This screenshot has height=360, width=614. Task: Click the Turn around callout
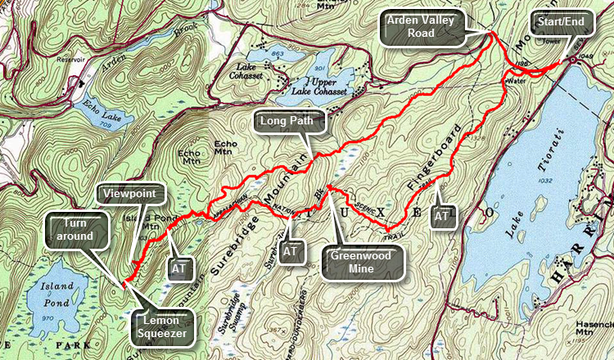pos(71,229)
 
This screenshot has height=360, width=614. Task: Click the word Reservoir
pos(67,60)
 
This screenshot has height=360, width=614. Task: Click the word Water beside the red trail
pos(515,82)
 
